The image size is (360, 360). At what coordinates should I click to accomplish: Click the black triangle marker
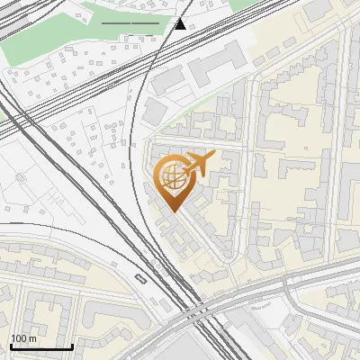(181, 23)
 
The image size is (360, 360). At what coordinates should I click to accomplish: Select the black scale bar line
(41, 346)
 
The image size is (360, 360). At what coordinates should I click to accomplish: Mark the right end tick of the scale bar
(72, 345)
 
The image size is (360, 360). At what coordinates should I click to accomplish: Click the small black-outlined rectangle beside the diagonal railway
(138, 276)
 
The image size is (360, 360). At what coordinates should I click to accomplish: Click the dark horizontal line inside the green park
(130, 22)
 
